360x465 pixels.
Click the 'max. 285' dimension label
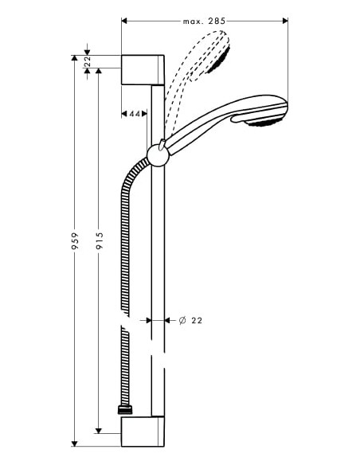(205, 21)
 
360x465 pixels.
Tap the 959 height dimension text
(76, 242)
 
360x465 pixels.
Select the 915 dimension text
(99, 242)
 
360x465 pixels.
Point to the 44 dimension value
(135, 115)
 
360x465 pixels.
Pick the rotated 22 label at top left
(88, 61)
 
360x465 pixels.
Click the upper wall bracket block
(143, 69)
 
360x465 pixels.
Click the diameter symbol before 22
(182, 320)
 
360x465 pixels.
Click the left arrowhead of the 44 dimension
(125, 115)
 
